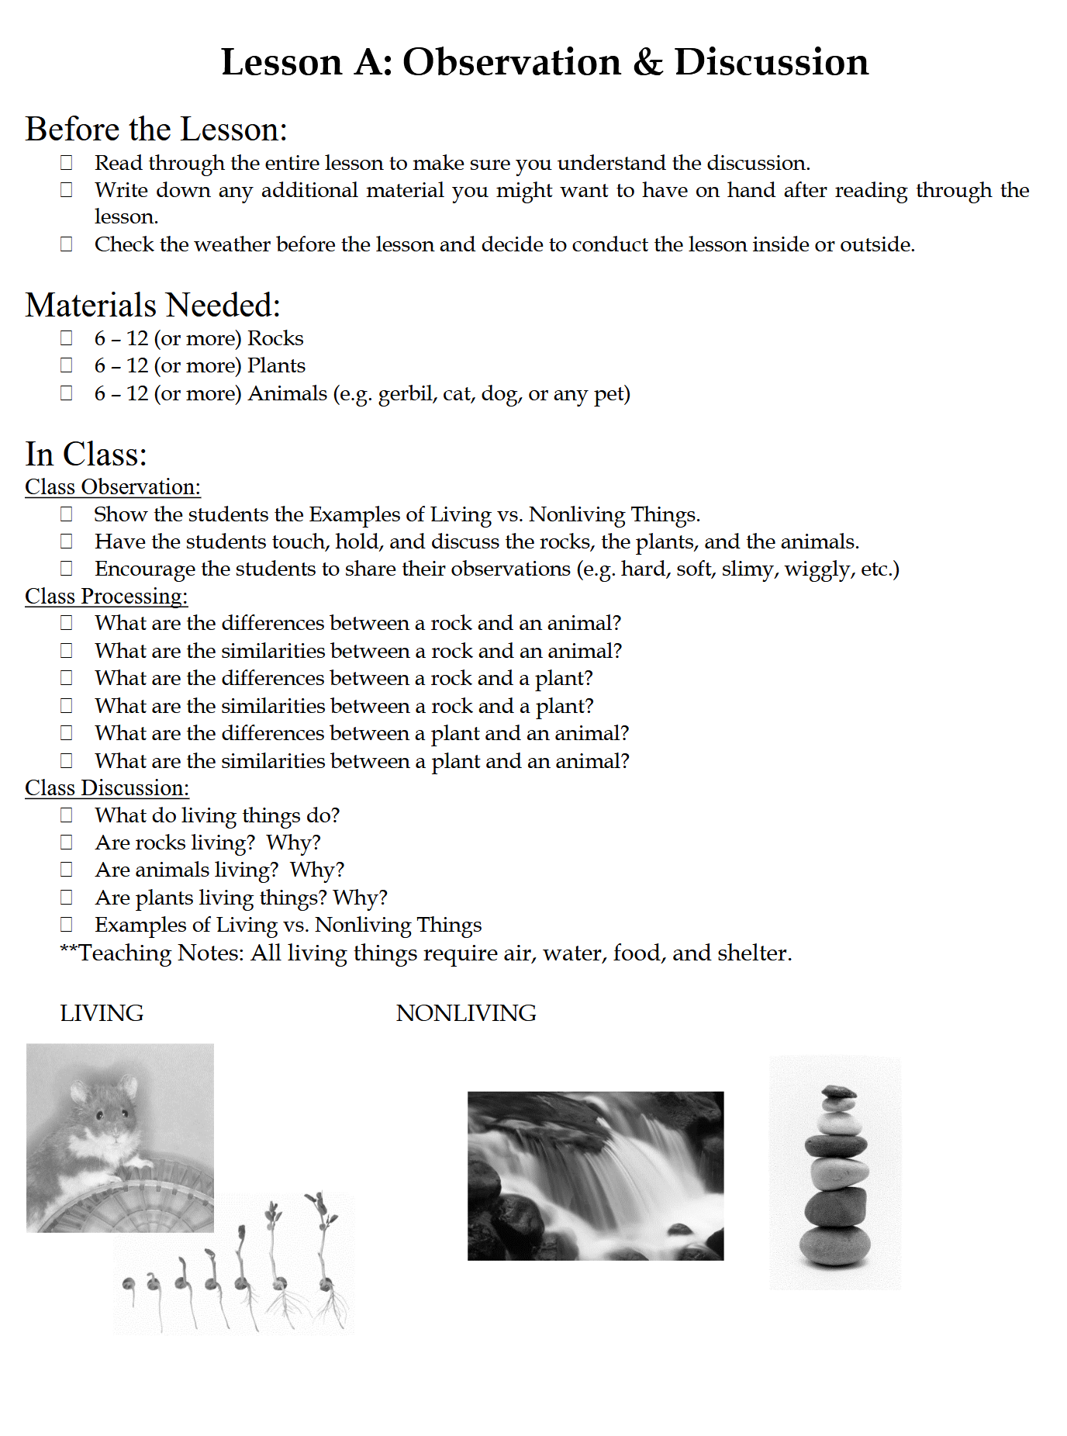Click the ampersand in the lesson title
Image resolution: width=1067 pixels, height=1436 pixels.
point(647,63)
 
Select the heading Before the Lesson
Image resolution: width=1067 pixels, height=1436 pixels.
point(156,130)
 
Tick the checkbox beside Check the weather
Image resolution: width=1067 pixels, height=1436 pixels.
point(67,244)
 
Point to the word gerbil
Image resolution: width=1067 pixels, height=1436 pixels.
point(406,395)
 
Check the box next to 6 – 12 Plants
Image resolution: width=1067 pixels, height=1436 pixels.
point(67,365)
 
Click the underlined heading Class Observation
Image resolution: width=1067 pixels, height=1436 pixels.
point(112,487)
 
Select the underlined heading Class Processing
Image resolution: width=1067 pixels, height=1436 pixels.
point(106,597)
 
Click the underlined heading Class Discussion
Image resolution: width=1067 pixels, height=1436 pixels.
point(107,788)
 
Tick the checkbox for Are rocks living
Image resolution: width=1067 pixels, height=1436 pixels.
point(67,843)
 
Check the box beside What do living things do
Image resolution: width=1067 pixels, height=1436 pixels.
point(67,815)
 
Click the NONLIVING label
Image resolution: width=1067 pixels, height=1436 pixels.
point(466,1013)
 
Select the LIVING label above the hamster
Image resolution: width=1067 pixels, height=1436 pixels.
point(102,1013)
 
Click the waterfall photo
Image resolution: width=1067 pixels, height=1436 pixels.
point(596,1175)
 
